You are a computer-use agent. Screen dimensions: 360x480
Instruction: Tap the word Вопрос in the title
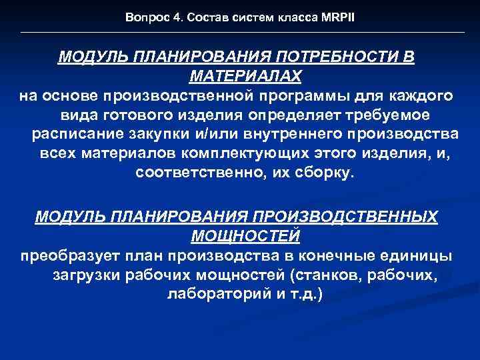point(143,17)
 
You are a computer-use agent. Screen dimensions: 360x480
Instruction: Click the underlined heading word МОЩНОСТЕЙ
point(245,235)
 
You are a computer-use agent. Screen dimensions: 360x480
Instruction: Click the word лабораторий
point(215,294)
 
